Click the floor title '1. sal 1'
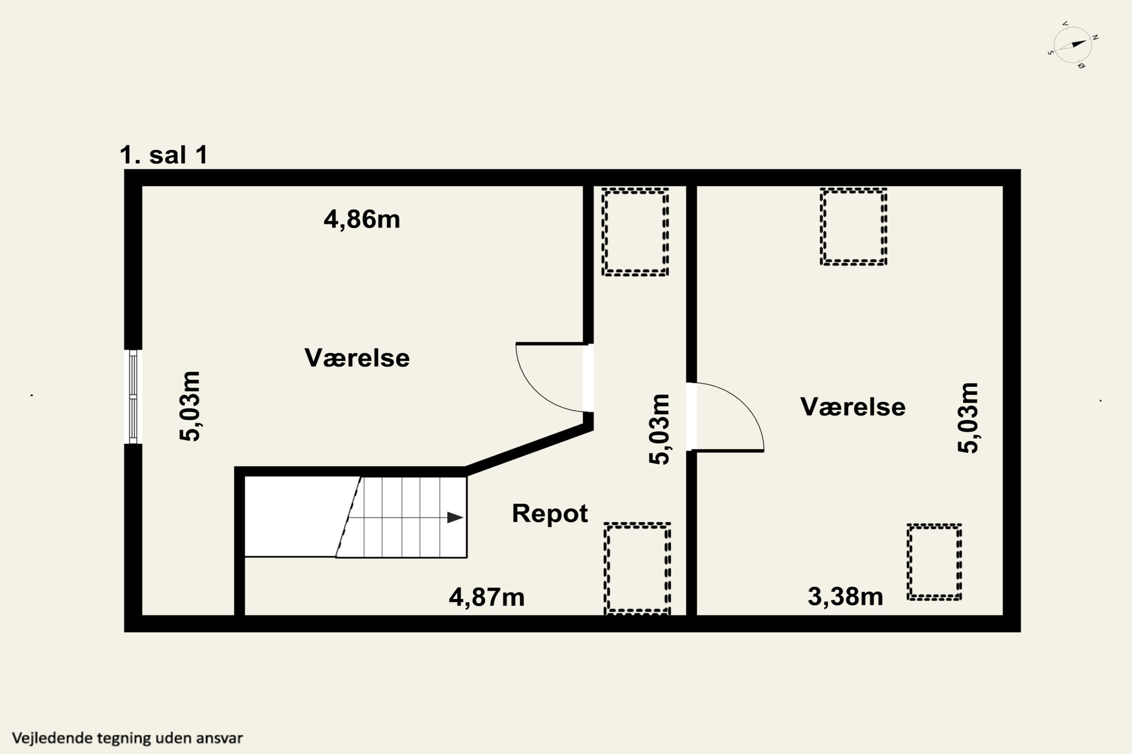164,155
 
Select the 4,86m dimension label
361,220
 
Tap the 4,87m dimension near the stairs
486,597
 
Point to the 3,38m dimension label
845,597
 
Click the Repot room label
550,513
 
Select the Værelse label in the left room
357,358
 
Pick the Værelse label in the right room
852,407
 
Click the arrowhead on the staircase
454,517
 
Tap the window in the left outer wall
133,397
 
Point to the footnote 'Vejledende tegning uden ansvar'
127,738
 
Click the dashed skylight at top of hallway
635,232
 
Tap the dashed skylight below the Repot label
637,569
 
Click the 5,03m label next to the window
190,406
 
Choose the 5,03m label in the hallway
659,429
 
